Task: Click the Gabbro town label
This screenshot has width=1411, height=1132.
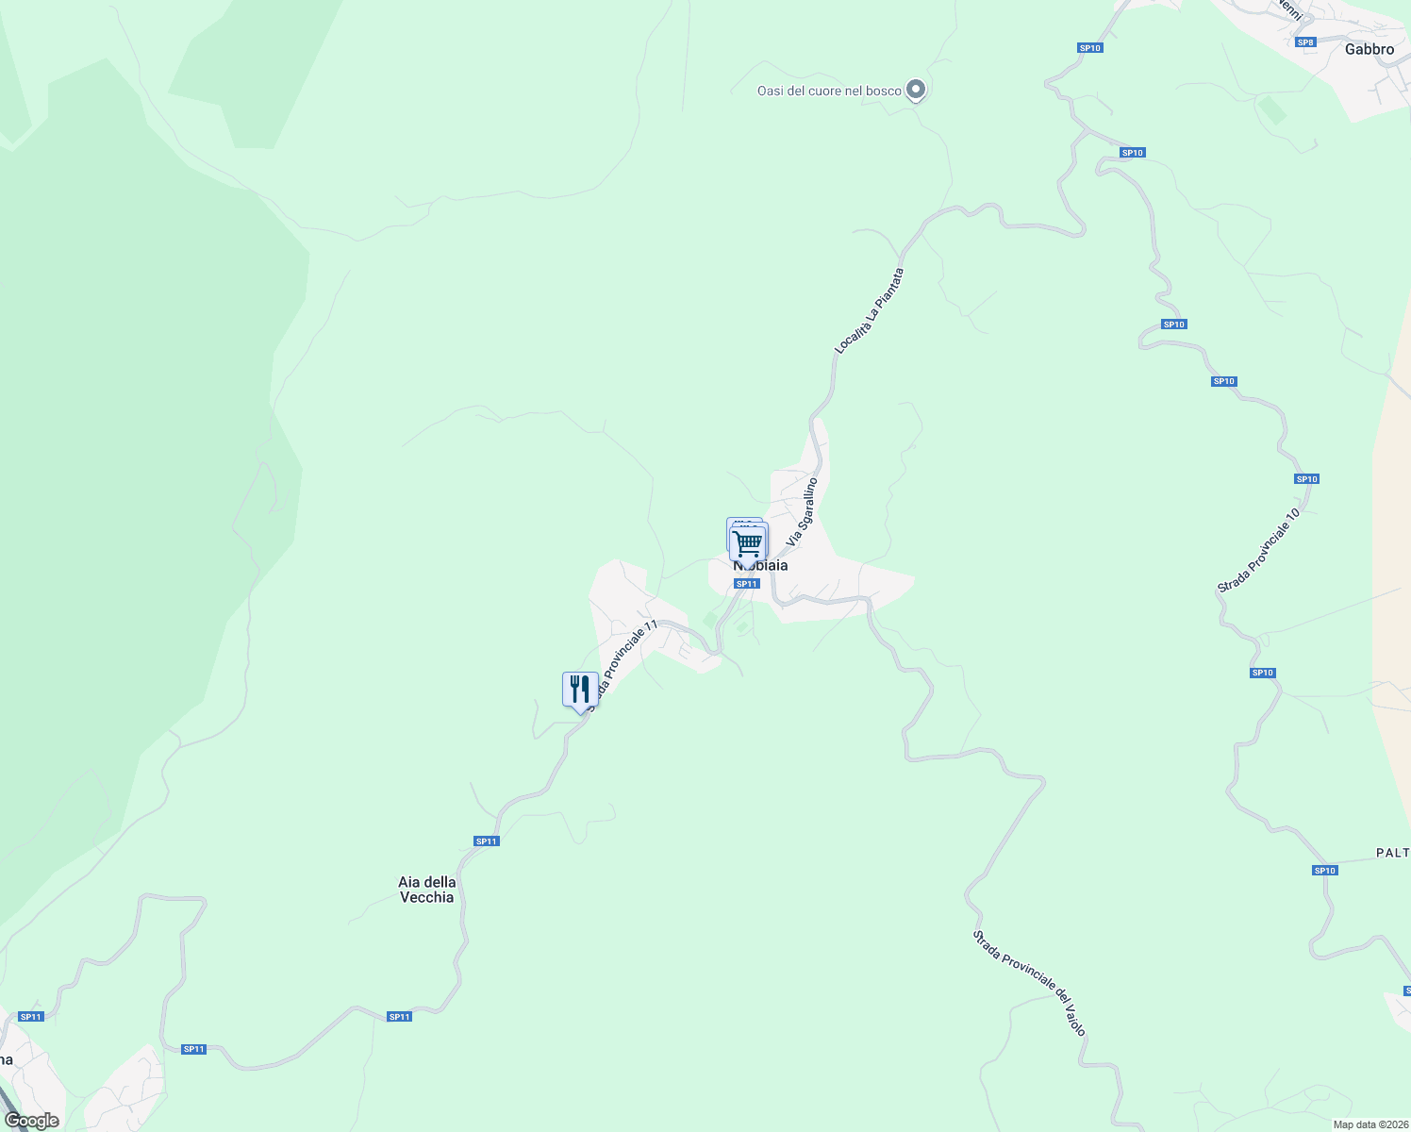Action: click(1369, 49)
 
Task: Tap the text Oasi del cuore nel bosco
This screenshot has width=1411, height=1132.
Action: click(829, 91)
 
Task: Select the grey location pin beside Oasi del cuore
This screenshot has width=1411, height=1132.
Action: click(915, 90)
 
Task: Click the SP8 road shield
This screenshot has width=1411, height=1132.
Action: click(1305, 42)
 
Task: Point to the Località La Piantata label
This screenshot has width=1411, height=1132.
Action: click(869, 311)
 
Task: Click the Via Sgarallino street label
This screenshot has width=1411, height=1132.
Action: click(802, 512)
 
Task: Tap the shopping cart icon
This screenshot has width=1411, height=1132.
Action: click(748, 542)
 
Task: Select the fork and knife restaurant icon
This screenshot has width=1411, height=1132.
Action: click(580, 690)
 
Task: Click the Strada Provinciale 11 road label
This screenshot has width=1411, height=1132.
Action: click(621, 664)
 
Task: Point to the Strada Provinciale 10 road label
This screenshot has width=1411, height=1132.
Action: click(1258, 551)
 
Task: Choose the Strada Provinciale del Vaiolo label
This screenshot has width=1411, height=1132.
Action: click(1030, 983)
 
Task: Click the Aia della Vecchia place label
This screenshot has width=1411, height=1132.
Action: click(427, 890)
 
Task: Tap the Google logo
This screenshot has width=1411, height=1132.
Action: click(31, 1121)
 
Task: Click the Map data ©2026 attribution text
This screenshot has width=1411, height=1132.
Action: click(1370, 1124)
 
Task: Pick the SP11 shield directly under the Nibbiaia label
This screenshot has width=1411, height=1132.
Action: click(746, 584)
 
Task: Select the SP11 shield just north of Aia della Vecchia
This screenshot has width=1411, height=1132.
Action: click(486, 841)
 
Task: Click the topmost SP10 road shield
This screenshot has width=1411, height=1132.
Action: click(1090, 48)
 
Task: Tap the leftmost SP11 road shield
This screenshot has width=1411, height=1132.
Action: click(31, 1016)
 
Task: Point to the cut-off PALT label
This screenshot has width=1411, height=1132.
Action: click(1392, 853)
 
